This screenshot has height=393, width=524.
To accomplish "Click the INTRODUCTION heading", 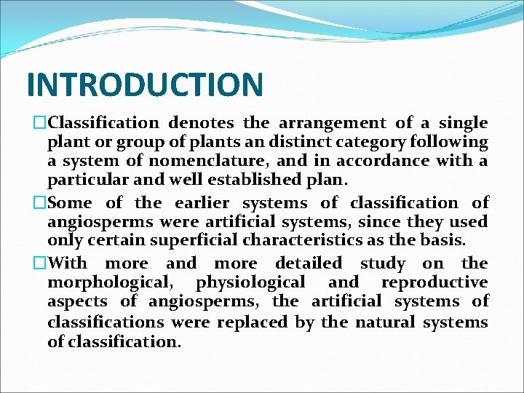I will [145, 84].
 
